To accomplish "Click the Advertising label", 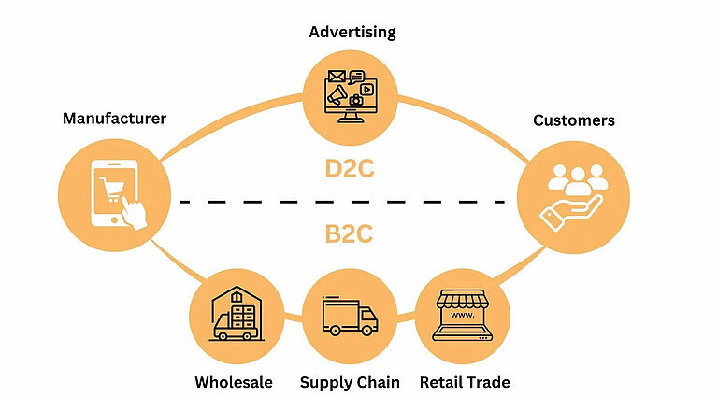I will [x=352, y=33].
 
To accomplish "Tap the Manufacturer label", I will [x=114, y=119].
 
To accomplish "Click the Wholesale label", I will [x=234, y=382].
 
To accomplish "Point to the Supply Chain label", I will [x=350, y=382].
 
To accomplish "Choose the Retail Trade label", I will [x=465, y=382].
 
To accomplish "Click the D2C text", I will [x=350, y=171].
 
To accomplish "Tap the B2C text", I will [x=350, y=233].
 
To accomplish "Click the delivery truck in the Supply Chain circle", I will [x=349, y=317].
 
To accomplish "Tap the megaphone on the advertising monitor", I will [x=338, y=93].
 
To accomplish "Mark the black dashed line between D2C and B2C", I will [x=350, y=201].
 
